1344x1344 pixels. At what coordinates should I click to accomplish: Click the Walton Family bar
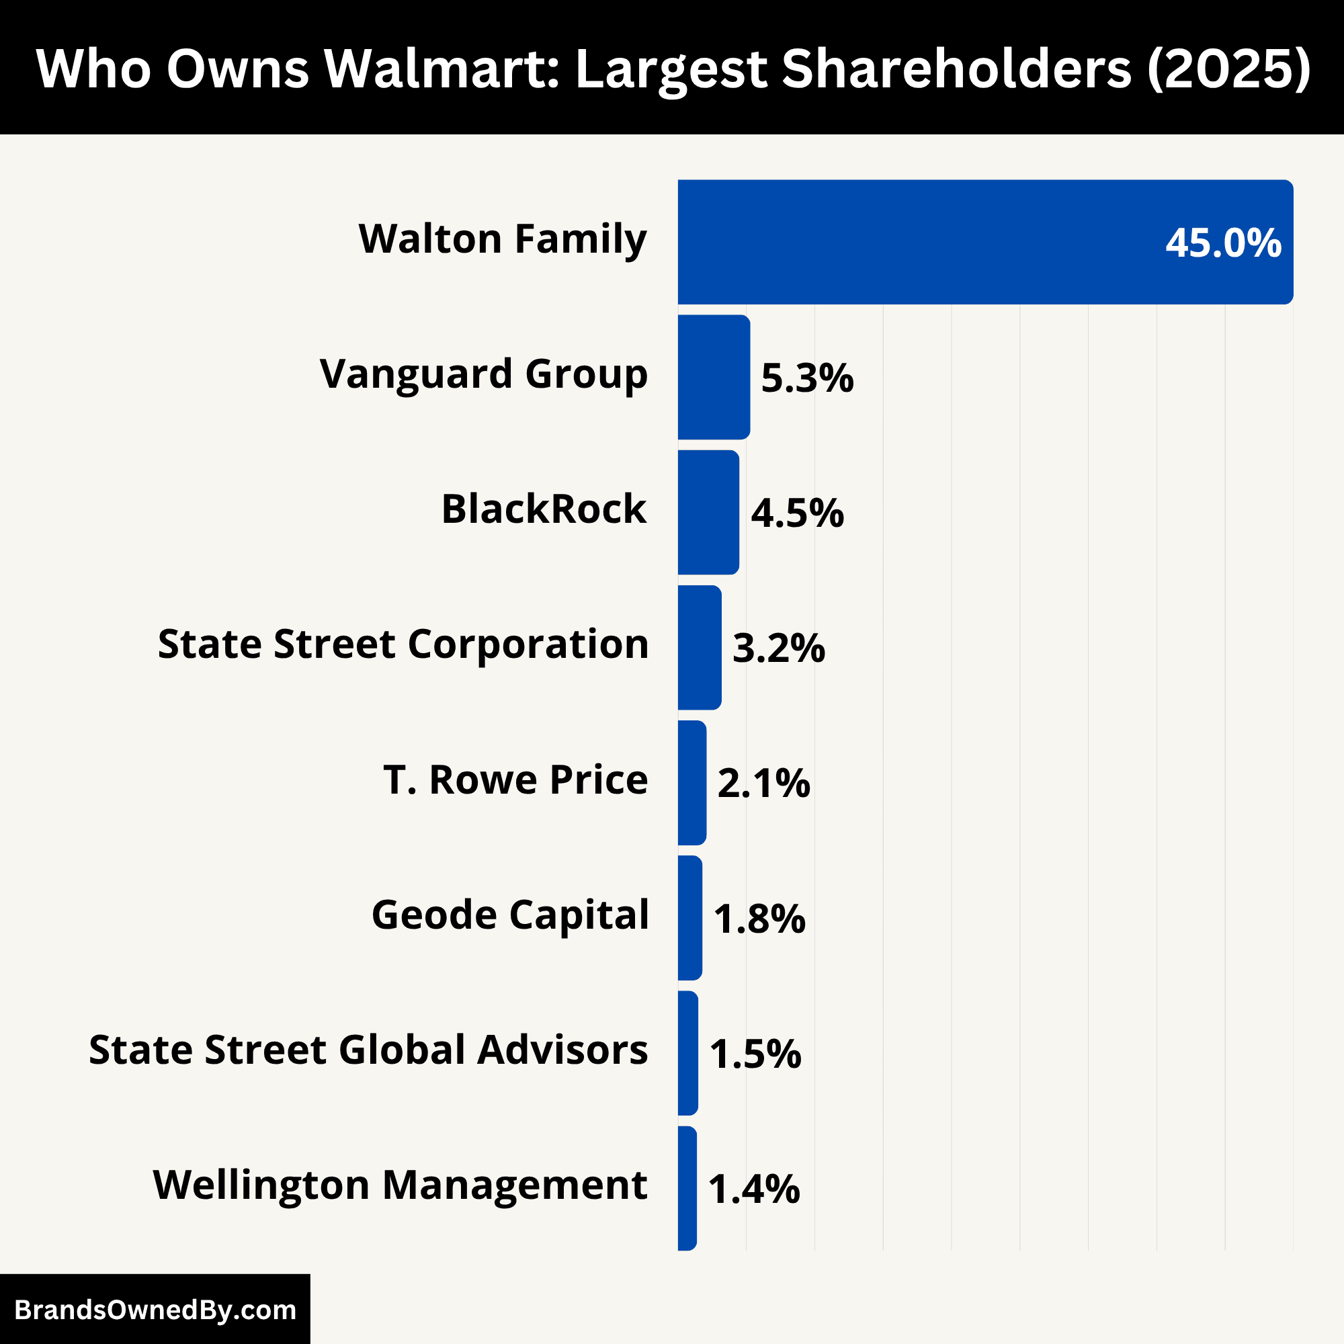pos(985,242)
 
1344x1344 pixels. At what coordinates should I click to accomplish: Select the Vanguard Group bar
pos(714,377)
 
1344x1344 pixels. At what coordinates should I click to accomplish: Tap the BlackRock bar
pos(708,512)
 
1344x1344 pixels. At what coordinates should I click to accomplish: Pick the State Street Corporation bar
pos(699,648)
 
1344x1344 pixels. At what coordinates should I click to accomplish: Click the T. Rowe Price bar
pos(691,783)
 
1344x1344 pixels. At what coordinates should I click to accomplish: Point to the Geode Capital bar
pos(689,917)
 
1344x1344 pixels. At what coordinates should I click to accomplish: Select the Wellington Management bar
pos(687,1188)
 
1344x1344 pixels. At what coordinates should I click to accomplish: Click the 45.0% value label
pos(1223,243)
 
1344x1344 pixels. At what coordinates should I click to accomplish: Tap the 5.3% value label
pos(807,378)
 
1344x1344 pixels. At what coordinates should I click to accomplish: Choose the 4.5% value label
pos(797,513)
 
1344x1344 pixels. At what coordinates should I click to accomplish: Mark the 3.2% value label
pos(778,648)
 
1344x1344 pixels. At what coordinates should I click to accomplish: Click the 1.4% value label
pos(754,1189)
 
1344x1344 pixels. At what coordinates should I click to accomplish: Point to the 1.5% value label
pos(755,1054)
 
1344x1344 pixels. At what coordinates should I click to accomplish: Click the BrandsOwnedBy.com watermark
pos(155,1310)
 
